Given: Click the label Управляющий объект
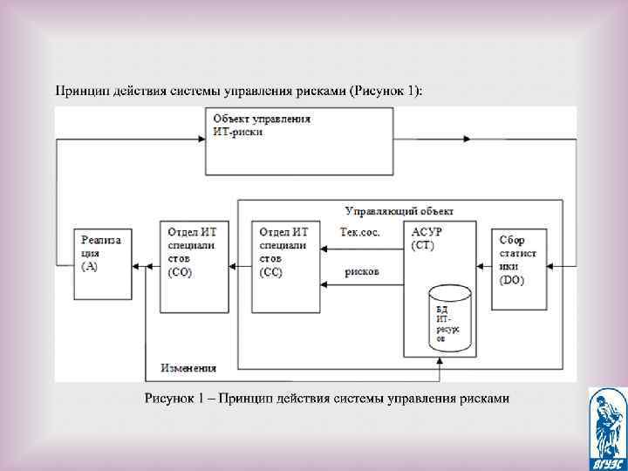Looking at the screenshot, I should pos(399,211).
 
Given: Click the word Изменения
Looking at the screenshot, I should pos(188,367).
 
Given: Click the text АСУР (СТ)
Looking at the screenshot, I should pos(427,238).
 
